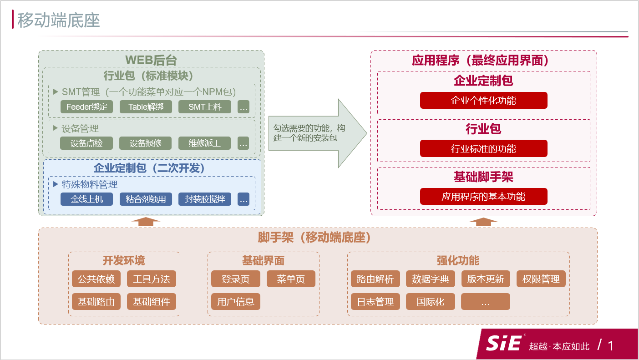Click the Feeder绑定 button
[86, 107]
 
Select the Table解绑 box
[146, 107]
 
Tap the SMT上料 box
[205, 107]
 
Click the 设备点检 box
[86, 143]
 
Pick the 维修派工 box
[205, 143]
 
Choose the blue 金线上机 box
[86, 199]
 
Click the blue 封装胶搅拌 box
[205, 199]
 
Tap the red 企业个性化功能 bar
[483, 101]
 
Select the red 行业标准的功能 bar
[483, 149]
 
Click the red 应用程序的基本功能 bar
[483, 197]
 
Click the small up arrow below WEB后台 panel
[145, 221]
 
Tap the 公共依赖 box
[96, 279]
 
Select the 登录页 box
[235, 279]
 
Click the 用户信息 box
[235, 302]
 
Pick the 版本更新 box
[485, 279]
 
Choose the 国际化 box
[430, 302]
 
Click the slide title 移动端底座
[59, 20]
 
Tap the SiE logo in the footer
[503, 343]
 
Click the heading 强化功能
[458, 261]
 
